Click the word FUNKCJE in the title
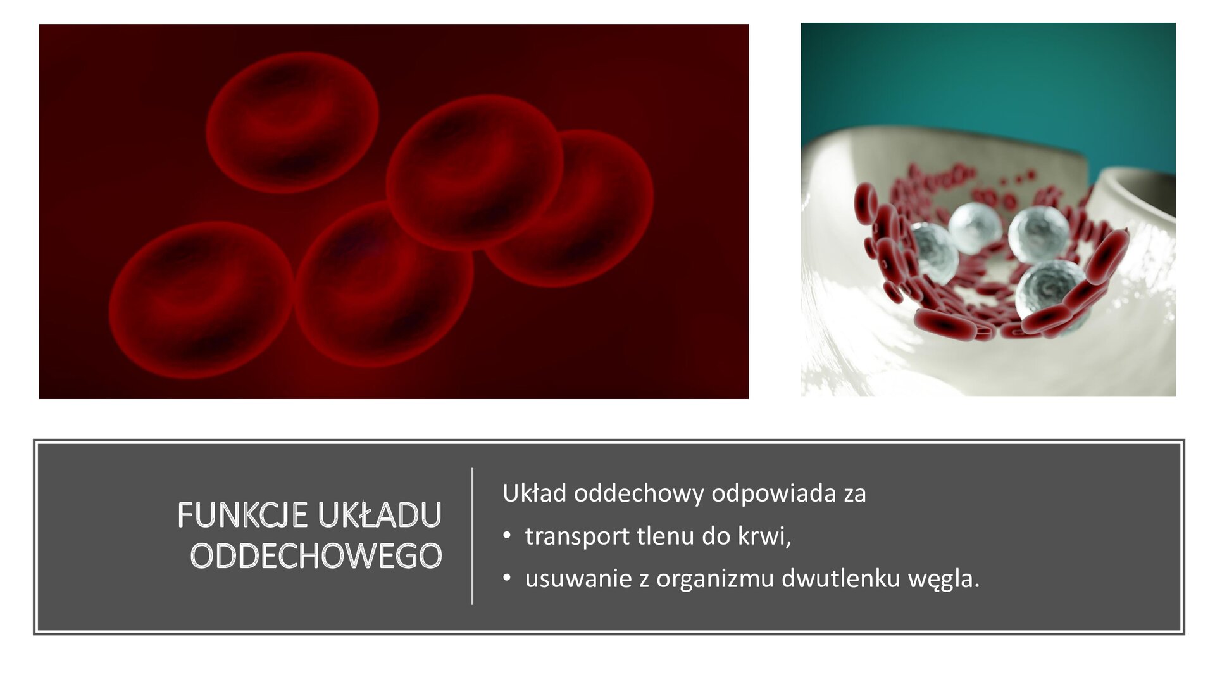242,515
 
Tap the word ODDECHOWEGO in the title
316,556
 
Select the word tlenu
666,536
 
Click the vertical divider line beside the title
472,536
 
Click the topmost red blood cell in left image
292,122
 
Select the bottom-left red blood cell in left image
201,300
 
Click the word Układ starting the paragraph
534,493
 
